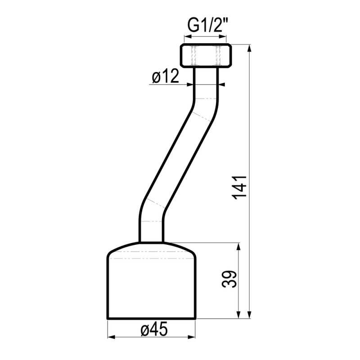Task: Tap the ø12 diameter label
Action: tap(165, 76)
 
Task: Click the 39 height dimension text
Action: tap(229, 279)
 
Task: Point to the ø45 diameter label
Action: tap(154, 330)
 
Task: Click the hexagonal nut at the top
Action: tap(206, 55)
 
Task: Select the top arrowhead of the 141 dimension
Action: tap(250, 49)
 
